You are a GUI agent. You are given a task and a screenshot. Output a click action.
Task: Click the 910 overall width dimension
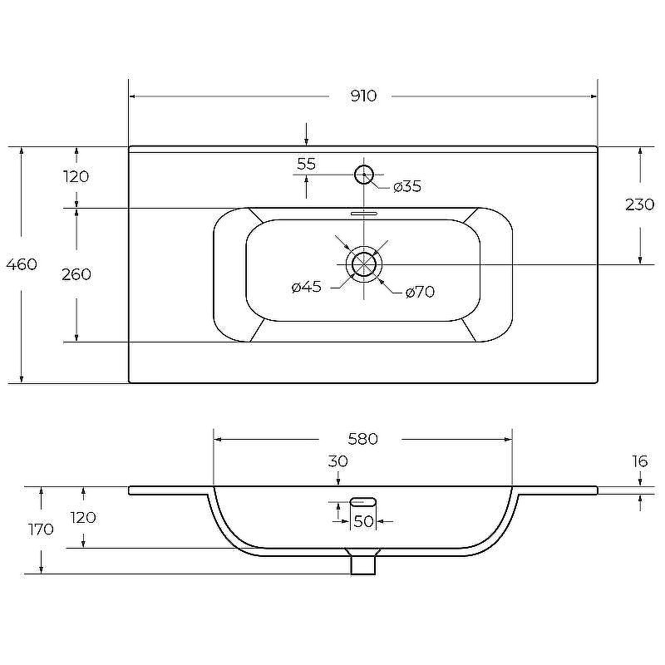363,96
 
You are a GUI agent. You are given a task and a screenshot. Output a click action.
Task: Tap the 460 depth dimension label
22,264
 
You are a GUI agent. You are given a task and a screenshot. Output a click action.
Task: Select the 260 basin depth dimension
76,274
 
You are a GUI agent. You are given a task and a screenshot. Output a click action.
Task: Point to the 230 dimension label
639,204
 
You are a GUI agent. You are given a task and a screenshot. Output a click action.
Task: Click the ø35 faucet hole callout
406,186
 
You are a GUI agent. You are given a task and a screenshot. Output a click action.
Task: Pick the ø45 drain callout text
306,287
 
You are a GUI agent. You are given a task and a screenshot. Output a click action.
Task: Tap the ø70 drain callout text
420,292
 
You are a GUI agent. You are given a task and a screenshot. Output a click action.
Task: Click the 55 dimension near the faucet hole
306,164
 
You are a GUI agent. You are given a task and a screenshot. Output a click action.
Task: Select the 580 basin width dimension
362,439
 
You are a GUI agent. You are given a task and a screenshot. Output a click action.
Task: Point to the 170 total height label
41,530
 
